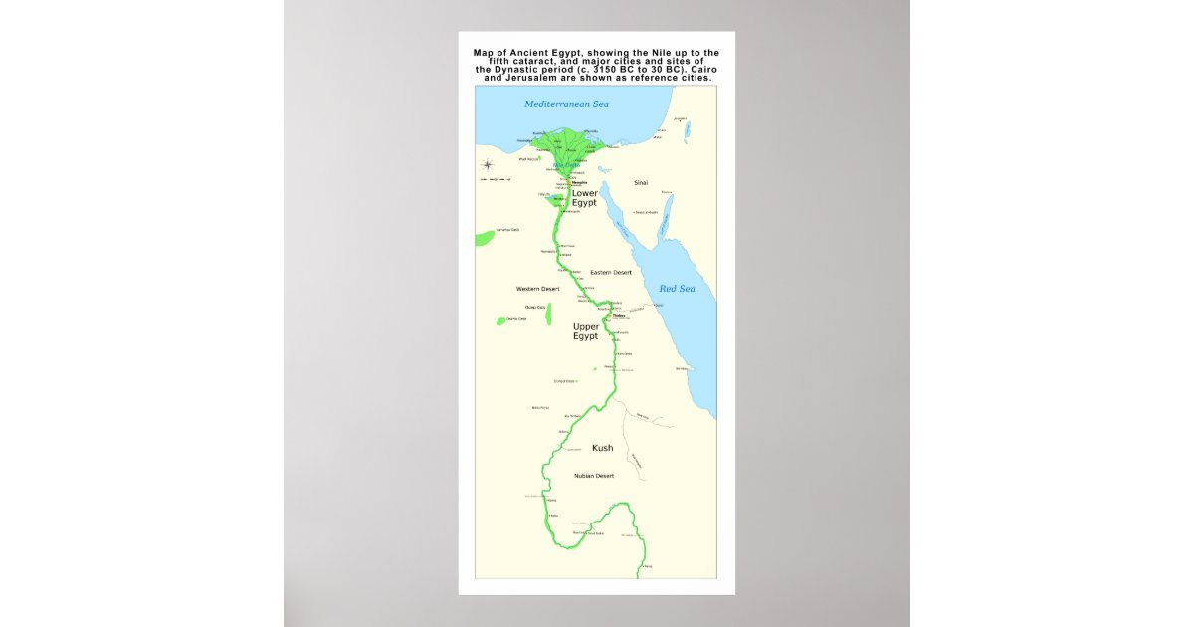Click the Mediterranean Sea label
click(566, 104)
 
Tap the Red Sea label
click(677, 289)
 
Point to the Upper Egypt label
click(585, 331)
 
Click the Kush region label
click(602, 448)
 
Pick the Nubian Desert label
click(594, 476)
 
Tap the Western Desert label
click(537, 289)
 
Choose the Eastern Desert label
click(611, 272)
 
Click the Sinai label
click(641, 183)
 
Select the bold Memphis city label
click(579, 183)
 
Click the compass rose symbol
click(488, 165)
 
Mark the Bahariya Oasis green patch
click(485, 238)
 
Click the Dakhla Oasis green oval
click(500, 320)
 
